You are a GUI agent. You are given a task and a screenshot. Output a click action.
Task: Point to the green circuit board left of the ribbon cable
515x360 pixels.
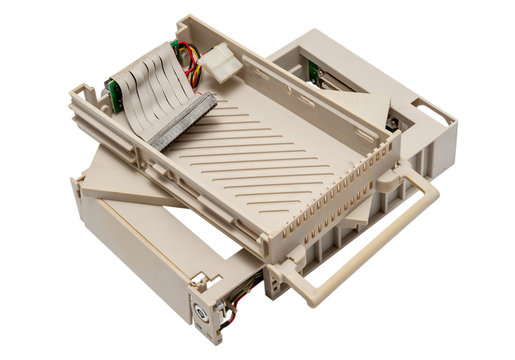pos(114,95)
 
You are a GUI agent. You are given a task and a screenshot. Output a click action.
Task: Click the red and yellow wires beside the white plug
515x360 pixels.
pos(193,65)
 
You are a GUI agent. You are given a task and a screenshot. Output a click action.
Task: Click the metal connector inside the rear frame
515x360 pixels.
pos(392,123)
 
